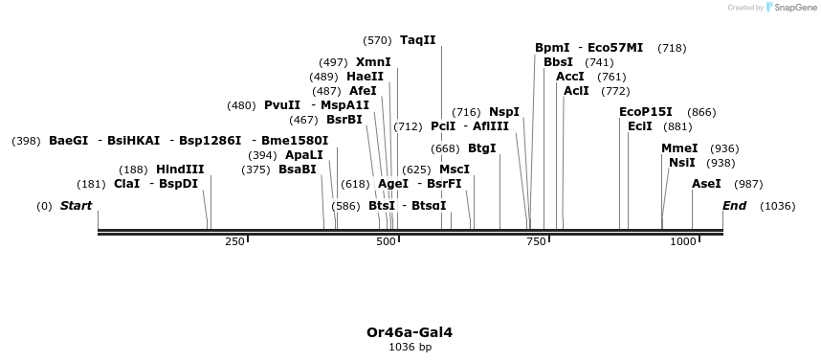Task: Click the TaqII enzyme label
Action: [x=418, y=40]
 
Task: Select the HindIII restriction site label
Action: [x=180, y=170]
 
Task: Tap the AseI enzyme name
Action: [x=706, y=184]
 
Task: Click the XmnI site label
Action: [x=373, y=62]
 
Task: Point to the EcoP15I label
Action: [x=646, y=112]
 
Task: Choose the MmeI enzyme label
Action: [x=679, y=148]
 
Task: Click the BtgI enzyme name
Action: [x=482, y=148]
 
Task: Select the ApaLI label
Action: [x=304, y=155]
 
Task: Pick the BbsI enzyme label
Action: [x=558, y=62]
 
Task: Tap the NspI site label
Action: [x=504, y=112]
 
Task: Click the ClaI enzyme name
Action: [x=126, y=184]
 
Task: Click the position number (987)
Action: [x=748, y=184]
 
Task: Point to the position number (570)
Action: [x=377, y=40]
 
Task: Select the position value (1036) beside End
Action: [x=777, y=206]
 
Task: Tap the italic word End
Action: [x=734, y=206]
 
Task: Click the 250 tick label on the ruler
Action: [x=234, y=242]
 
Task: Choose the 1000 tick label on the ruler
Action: [x=682, y=242]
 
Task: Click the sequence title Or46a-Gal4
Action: [x=410, y=332]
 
